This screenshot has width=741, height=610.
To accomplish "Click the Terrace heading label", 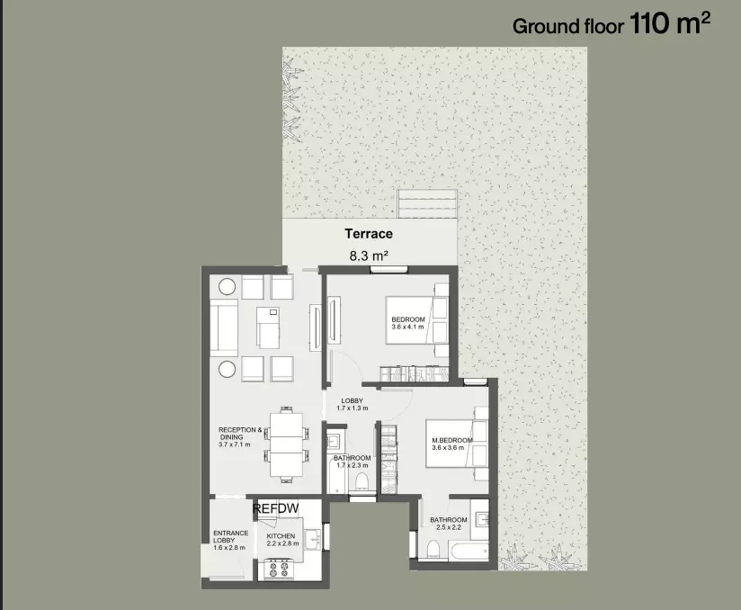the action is (x=369, y=234).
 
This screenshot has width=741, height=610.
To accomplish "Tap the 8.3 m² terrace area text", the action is (x=369, y=256).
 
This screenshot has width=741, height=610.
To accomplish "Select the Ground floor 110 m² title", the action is (x=611, y=23).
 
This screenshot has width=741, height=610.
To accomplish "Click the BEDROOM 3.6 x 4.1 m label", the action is (x=408, y=323).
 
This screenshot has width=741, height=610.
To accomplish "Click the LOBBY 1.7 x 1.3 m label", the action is (x=353, y=404).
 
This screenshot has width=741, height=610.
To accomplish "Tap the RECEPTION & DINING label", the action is (x=239, y=437).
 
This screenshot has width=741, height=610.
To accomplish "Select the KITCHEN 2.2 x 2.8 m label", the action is (x=282, y=540).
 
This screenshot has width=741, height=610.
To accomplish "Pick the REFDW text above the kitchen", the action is (x=276, y=509).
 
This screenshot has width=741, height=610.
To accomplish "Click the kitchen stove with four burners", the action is (x=279, y=568).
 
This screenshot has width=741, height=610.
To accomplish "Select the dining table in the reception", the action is (x=286, y=444).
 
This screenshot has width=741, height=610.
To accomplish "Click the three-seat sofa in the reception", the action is (x=224, y=327).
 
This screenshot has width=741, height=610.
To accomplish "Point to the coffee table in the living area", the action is (x=268, y=327).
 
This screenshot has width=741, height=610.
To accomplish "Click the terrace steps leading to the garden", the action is (x=427, y=204).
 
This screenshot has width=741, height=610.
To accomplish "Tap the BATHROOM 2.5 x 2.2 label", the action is (x=449, y=524).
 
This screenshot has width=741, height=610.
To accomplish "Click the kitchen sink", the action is (x=312, y=540).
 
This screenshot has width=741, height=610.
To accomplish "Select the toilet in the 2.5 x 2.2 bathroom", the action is (x=433, y=549).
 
